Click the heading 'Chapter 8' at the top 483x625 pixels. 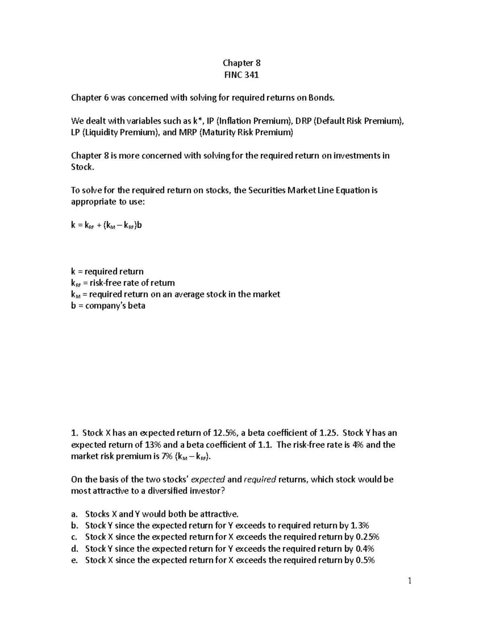(242, 63)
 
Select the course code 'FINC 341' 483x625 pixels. (242, 74)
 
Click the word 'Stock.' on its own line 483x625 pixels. (83, 167)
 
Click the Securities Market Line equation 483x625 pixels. (107, 225)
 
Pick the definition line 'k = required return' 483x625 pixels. (107, 271)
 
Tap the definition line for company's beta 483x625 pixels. (108, 305)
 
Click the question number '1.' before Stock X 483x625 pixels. (74, 433)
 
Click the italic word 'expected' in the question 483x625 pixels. (208, 479)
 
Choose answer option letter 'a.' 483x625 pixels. (74, 514)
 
